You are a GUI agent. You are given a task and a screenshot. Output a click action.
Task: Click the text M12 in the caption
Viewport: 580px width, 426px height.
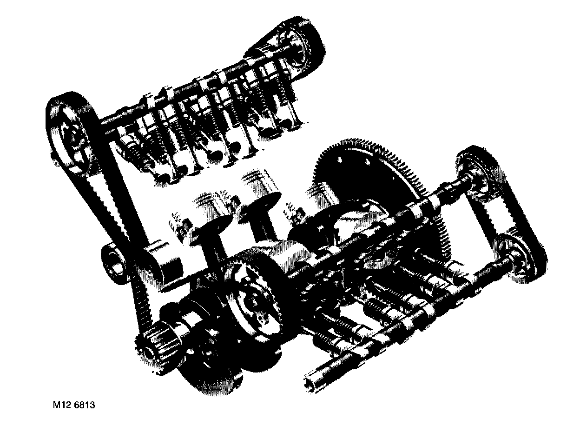click(x=62, y=405)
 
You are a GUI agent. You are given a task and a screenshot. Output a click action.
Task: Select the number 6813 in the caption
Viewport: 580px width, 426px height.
click(x=85, y=405)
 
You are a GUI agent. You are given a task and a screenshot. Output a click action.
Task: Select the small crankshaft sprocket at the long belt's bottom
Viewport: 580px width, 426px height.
click(x=158, y=337)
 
